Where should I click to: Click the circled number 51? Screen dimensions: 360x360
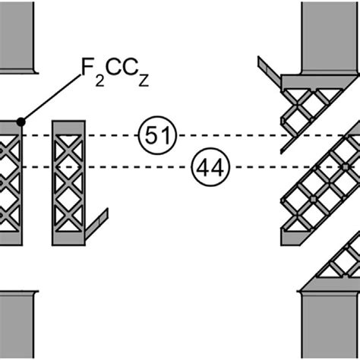coord(157,136)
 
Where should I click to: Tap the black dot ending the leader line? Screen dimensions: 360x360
coord(21,122)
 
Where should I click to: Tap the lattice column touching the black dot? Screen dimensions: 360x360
coord(10,182)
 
